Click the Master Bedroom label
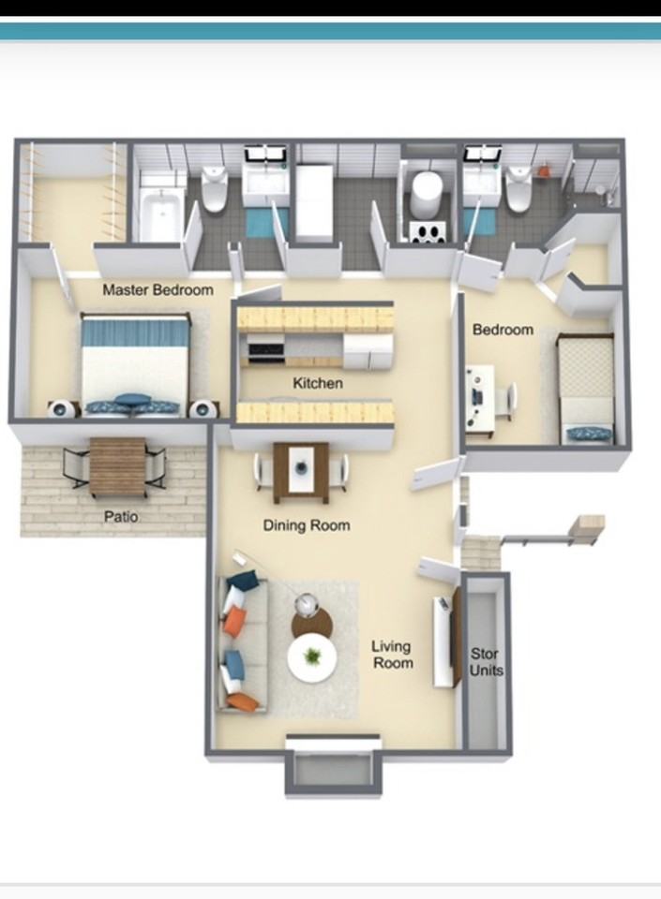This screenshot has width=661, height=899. [158, 290]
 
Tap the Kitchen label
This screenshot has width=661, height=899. [318, 383]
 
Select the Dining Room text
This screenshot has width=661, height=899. [307, 525]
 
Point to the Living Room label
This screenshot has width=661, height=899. [393, 655]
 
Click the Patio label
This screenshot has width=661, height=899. [121, 516]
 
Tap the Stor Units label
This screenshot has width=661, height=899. [486, 662]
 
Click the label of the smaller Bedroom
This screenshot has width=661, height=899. [503, 330]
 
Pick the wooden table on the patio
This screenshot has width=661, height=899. [117, 467]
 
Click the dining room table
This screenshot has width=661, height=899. [301, 473]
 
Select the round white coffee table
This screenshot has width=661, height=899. [311, 658]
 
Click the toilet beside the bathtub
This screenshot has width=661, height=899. [215, 188]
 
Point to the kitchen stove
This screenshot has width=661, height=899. [265, 348]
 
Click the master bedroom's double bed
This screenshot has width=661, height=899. [135, 364]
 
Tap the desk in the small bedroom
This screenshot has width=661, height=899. [480, 401]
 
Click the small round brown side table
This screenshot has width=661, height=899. [311, 621]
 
